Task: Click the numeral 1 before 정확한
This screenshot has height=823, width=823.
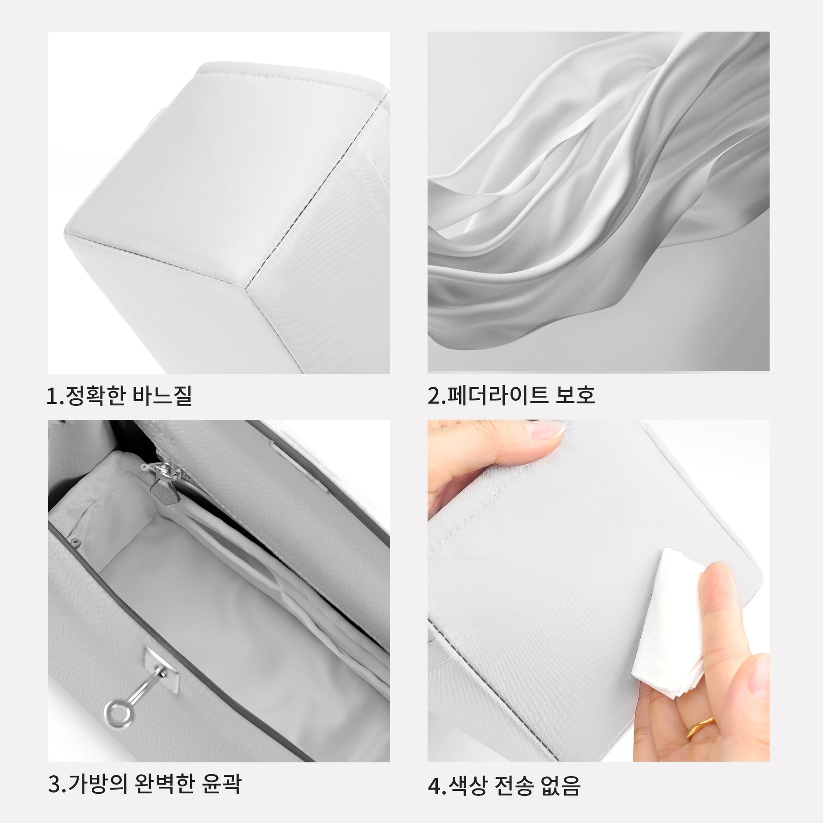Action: coord(52,396)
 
